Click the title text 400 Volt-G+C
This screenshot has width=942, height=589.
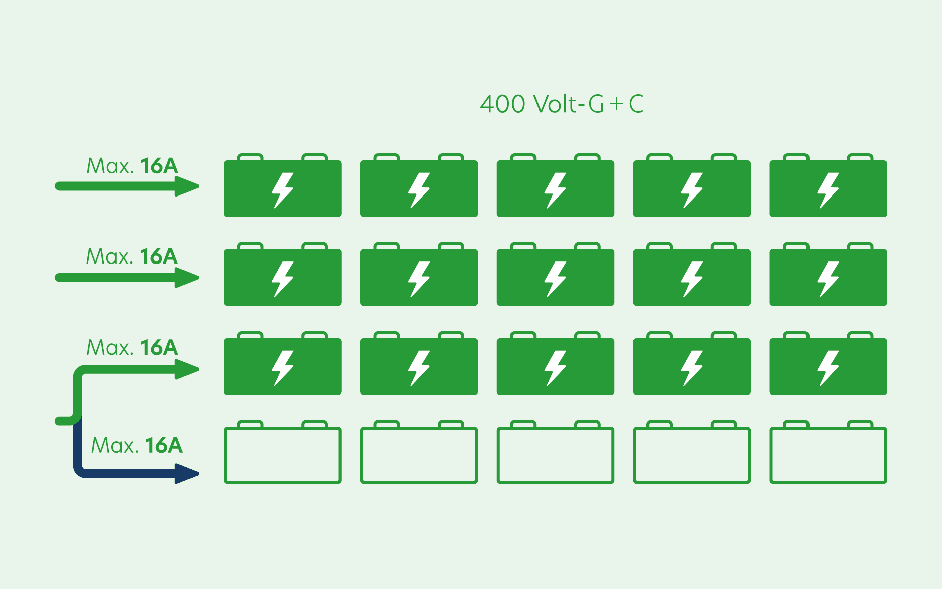point(561,104)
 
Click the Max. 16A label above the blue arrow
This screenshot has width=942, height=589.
point(137,445)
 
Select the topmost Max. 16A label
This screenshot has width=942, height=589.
point(132,166)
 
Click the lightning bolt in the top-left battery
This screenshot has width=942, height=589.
point(282,190)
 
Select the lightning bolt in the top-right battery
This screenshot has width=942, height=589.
point(828,190)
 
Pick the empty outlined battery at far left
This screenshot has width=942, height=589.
point(282,455)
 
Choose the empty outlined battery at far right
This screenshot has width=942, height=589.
point(828,455)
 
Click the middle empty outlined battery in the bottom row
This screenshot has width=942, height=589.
point(555,455)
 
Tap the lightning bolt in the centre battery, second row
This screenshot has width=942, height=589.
point(555,279)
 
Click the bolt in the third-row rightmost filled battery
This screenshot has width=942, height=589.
point(828,368)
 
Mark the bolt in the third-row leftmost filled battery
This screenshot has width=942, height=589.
point(282,368)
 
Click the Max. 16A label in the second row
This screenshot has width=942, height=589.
point(132,256)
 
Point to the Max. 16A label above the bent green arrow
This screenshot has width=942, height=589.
point(132,347)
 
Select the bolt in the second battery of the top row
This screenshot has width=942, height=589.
point(419,190)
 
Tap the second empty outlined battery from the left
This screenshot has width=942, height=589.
point(419,455)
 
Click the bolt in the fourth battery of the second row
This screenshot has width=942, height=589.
point(692,279)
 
